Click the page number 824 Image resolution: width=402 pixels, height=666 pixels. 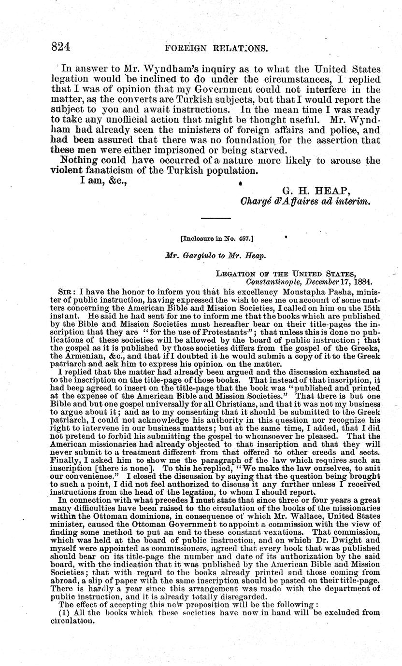[61, 47]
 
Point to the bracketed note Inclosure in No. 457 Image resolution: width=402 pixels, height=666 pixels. [209, 238]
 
